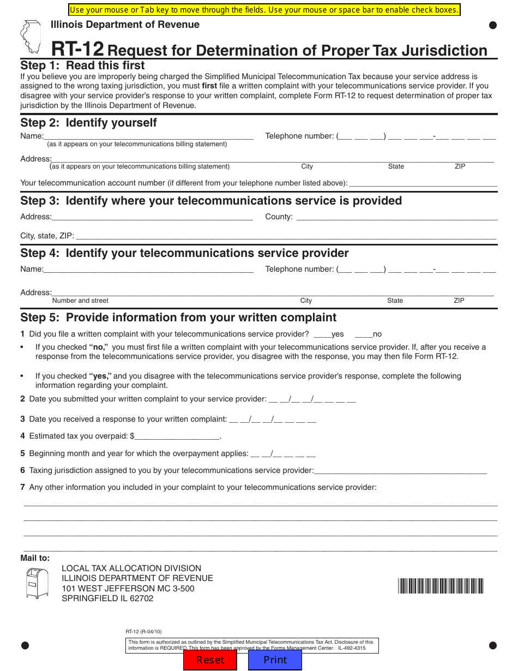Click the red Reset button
[210, 660]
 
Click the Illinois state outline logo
[31, 37]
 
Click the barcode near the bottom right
[441, 586]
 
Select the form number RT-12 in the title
[77, 50]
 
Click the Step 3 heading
[211, 201]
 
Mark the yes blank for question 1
[322, 334]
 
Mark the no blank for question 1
[363, 334]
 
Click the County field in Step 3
[396, 217]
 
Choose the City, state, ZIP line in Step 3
[285, 236]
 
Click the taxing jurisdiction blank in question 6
[400, 470]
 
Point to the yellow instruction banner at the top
[264, 10]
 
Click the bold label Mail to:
[35, 558]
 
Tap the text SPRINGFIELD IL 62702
[107, 598]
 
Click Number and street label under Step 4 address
[80, 301]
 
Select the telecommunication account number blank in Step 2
[423, 183]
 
